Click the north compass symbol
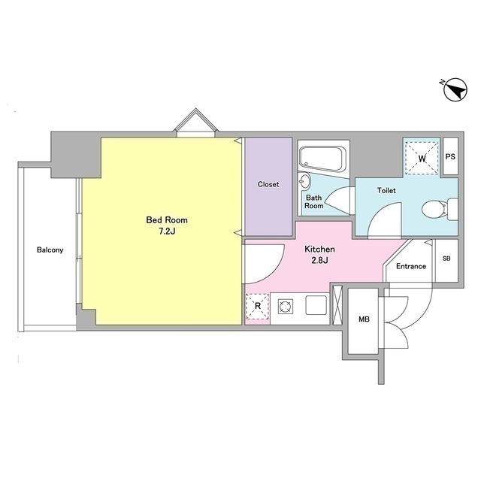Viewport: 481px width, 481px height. click(455, 89)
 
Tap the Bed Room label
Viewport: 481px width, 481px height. click(167, 220)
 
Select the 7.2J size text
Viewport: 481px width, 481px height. click(167, 231)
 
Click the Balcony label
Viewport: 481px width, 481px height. click(50, 250)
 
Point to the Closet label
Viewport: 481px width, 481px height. click(268, 184)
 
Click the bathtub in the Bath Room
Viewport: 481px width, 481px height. click(322, 159)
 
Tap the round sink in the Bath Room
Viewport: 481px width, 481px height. click(304, 181)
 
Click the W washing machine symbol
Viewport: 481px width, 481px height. click(422, 159)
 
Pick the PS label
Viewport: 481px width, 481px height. click(450, 157)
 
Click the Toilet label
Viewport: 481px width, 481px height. click(386, 190)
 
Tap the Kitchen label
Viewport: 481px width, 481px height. click(319, 249)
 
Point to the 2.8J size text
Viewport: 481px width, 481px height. click(320, 261)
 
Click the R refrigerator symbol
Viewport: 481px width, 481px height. click(258, 306)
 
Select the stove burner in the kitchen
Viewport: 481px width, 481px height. click(286, 307)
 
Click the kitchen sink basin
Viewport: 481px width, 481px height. click(316, 305)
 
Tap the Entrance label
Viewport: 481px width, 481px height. click(411, 266)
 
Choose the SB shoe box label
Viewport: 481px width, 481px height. click(446, 259)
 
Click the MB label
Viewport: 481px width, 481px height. click(364, 319)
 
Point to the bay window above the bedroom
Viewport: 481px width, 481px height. click(195, 123)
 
